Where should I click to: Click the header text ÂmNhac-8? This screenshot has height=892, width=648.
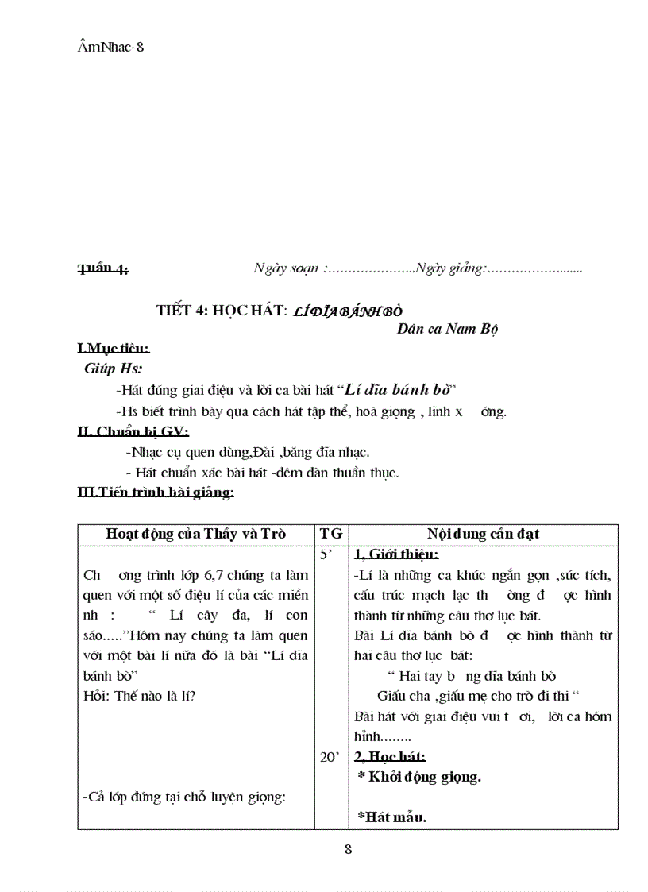[x=110, y=47]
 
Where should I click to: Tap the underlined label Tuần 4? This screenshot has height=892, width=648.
[x=102, y=268]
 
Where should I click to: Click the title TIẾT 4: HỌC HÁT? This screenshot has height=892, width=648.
[x=222, y=311]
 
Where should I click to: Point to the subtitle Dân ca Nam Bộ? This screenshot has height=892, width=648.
[x=447, y=329]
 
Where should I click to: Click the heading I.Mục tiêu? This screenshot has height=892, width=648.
[x=114, y=348]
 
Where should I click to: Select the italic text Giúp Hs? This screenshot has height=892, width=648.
[x=113, y=368]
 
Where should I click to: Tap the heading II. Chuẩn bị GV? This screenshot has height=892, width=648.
[x=133, y=432]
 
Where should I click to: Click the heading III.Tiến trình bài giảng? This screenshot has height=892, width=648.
[x=155, y=492]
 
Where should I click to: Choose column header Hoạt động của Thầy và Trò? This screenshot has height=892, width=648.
[x=196, y=534]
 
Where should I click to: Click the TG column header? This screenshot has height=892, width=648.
[x=331, y=534]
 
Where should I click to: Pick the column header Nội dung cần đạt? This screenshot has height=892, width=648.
[x=483, y=534]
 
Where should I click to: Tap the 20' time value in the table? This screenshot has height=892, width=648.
[x=329, y=758]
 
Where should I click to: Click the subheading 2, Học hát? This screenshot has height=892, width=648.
[x=390, y=757]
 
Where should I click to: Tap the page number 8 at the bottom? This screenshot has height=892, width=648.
[x=348, y=848]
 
